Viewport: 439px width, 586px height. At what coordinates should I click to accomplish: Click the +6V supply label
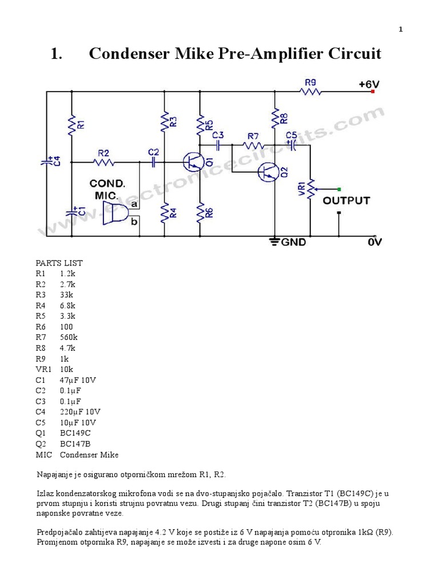point(369,84)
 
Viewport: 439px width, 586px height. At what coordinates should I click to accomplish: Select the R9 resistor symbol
point(310,91)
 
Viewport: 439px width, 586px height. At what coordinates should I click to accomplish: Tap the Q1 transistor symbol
point(193,162)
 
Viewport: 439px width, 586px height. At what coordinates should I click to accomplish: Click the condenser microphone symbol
point(117,212)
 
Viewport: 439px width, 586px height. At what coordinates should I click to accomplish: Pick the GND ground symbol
point(275,241)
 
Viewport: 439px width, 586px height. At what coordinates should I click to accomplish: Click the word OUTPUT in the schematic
point(346,201)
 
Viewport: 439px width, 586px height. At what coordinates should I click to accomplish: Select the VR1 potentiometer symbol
point(310,189)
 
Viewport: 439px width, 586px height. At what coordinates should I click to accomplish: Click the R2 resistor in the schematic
point(104,162)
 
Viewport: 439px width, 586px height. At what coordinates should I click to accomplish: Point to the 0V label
point(374,242)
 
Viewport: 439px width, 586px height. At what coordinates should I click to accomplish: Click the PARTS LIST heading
point(59,263)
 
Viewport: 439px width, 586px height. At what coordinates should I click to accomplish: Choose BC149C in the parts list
point(75,433)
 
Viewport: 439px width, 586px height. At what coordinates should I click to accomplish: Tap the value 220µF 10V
point(79,411)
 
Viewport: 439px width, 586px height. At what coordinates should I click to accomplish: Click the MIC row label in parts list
point(43,455)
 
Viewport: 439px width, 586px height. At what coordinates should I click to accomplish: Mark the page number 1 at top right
point(401,30)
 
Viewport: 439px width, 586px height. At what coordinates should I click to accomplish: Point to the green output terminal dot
point(340,189)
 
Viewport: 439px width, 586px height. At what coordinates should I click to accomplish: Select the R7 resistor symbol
point(253,145)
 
